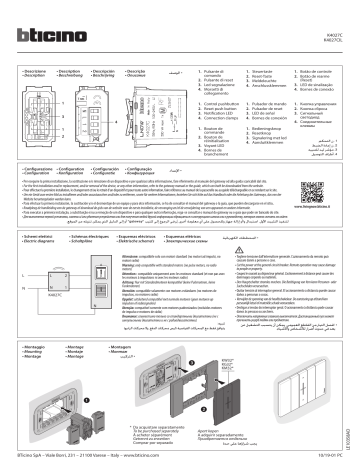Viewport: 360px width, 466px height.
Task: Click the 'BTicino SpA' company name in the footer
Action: click(x=35, y=455)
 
